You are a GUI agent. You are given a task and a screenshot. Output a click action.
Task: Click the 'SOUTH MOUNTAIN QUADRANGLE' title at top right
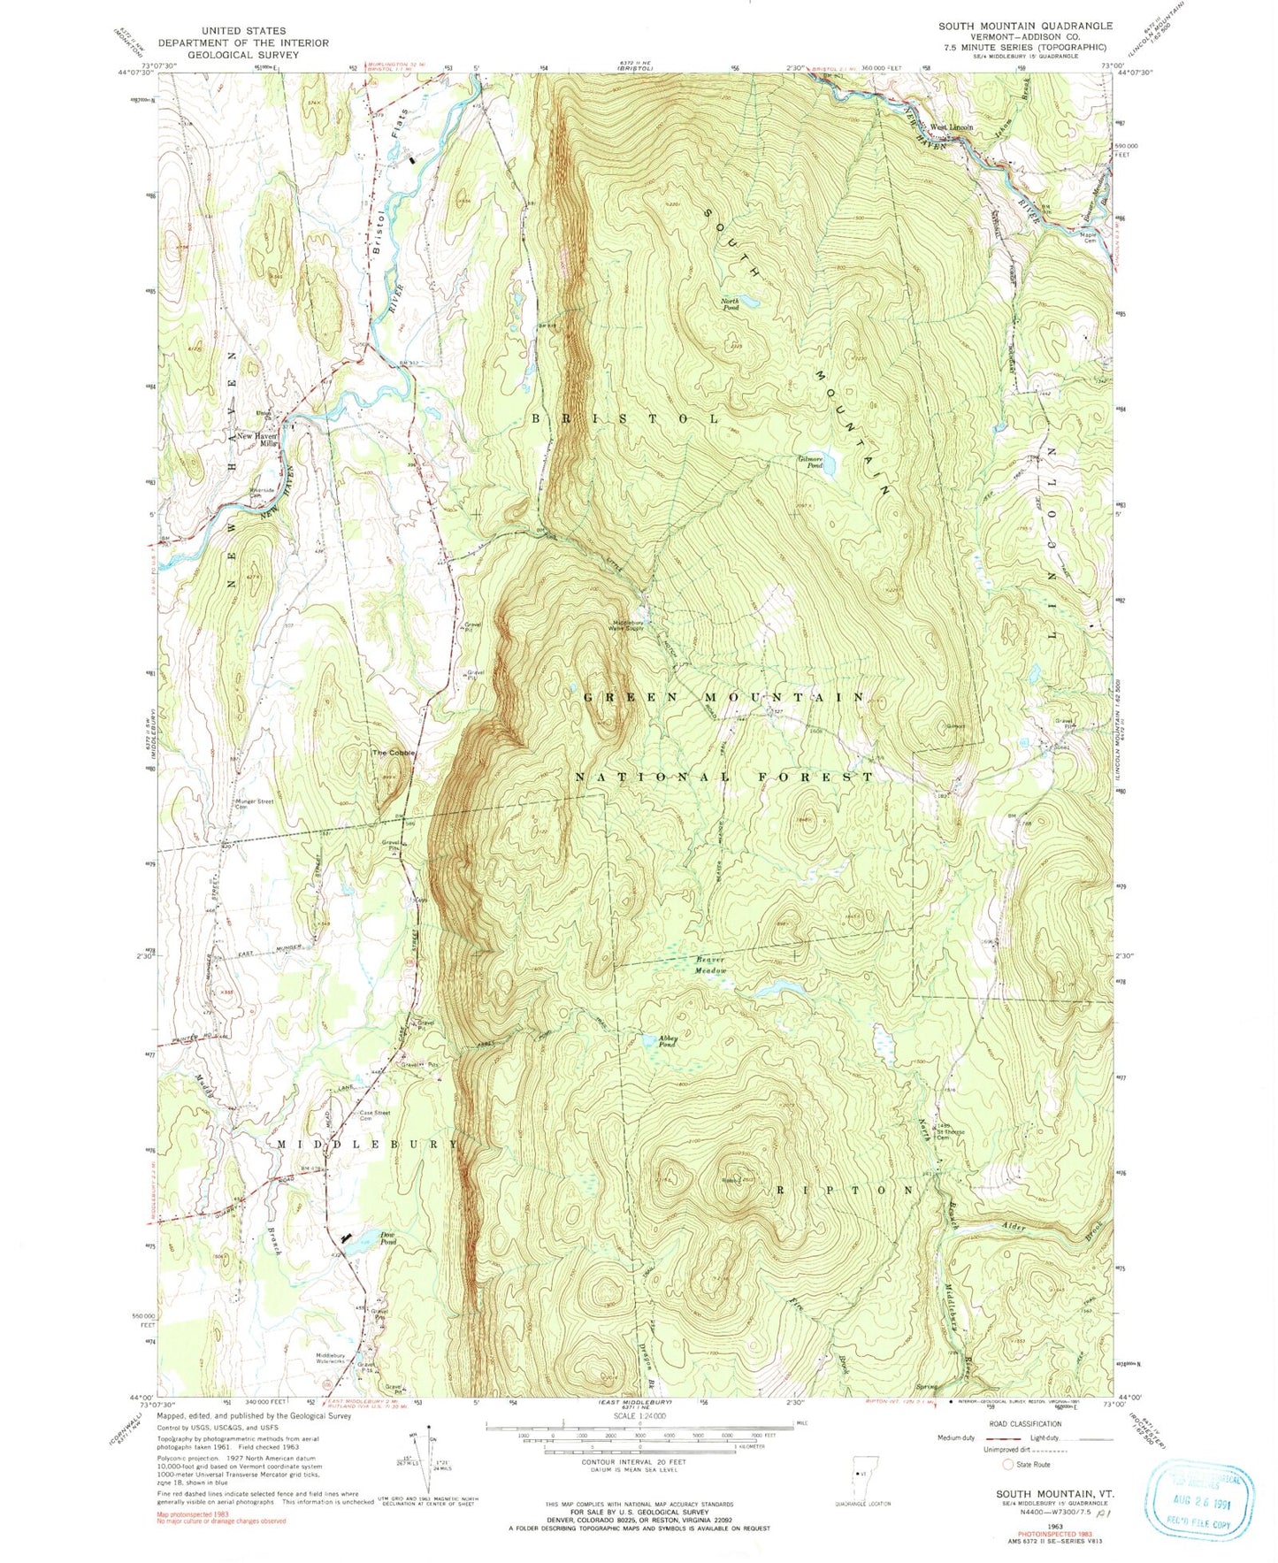point(1025,26)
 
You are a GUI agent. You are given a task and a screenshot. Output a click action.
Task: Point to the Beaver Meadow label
point(708,965)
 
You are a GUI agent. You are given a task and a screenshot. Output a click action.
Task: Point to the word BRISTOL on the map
point(625,417)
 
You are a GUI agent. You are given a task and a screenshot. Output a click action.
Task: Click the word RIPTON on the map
point(846,1191)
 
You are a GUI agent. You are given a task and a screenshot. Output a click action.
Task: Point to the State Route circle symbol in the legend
point(1007,1463)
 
